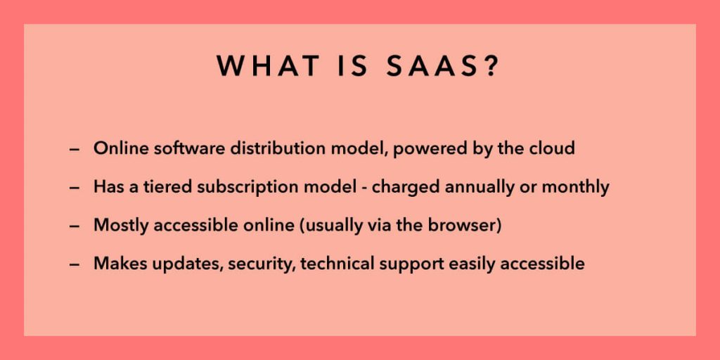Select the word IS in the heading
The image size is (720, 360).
(x=338, y=66)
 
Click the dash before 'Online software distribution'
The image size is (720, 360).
(x=75, y=150)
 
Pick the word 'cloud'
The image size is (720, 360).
(x=552, y=149)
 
